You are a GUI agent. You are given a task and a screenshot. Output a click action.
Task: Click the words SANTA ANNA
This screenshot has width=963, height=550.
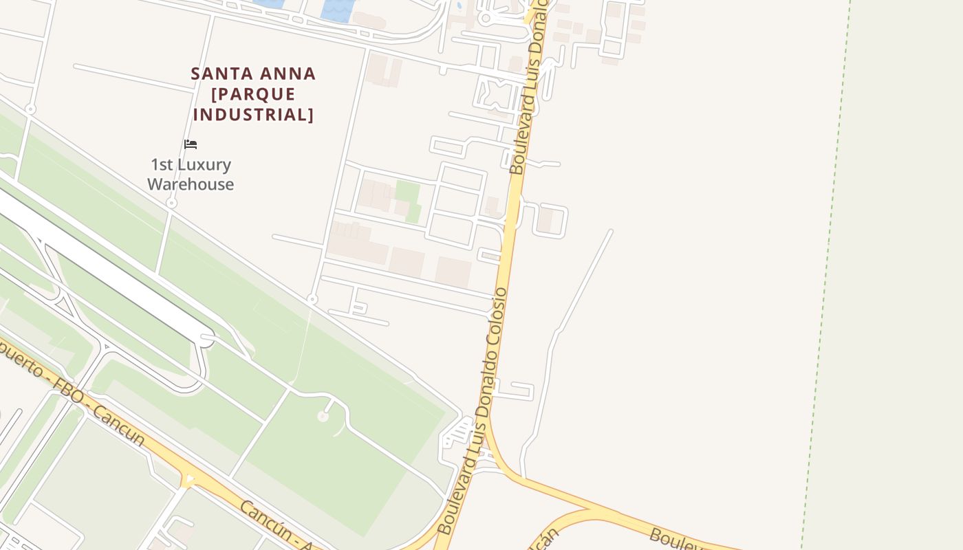pyautogui.click(x=253, y=74)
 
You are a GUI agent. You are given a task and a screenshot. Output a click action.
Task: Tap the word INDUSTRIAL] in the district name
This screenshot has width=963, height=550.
pyautogui.click(x=253, y=115)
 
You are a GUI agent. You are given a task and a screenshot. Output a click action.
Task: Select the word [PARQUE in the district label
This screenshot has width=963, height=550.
pyautogui.click(x=253, y=94)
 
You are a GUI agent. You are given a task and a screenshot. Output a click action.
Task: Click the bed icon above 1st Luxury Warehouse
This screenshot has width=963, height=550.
pyautogui.click(x=191, y=144)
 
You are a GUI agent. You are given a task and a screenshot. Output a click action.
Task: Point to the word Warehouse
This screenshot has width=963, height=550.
pyautogui.click(x=191, y=184)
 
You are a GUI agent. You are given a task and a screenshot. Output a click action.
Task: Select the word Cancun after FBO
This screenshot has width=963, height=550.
pyautogui.click(x=118, y=425)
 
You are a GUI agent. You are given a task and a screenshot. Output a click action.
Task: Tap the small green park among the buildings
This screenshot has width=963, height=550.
pyautogui.click(x=408, y=199)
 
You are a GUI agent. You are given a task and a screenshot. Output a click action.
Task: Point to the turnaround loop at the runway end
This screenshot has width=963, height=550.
pyautogui.click(x=206, y=339)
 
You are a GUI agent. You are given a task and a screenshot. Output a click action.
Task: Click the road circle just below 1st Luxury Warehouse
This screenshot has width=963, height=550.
pyautogui.click(x=172, y=203)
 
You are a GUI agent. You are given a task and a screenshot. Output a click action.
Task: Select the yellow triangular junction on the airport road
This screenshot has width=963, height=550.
pyautogui.click(x=188, y=478)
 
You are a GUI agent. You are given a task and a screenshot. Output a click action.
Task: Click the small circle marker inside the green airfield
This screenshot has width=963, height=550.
pyautogui.click(x=323, y=416)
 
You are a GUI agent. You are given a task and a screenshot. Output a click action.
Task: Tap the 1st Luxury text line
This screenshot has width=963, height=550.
pyautogui.click(x=191, y=165)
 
